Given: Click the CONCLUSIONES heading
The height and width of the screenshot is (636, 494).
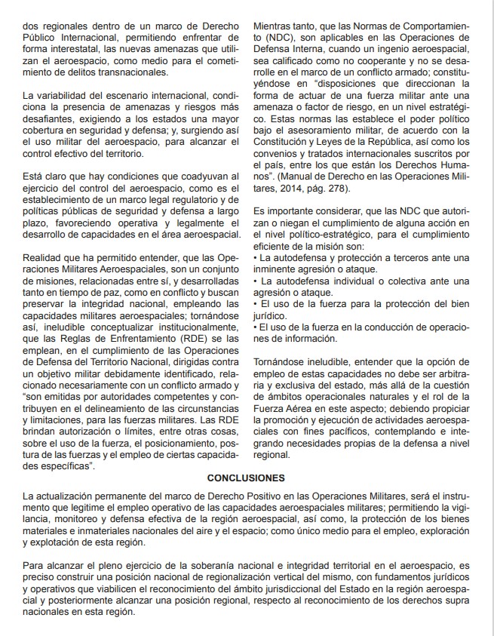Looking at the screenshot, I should click(x=246, y=478).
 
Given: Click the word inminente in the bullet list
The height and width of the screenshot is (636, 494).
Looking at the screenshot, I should click(x=278, y=269).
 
